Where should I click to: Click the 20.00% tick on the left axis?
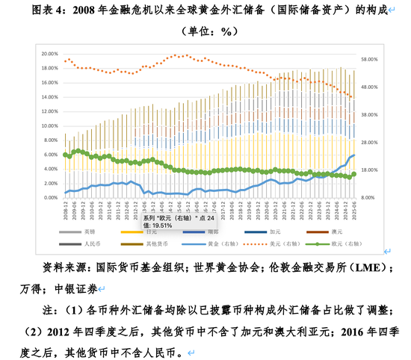click(49, 54)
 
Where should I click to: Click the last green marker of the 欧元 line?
click(353, 174)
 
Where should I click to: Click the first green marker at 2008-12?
click(65, 155)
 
